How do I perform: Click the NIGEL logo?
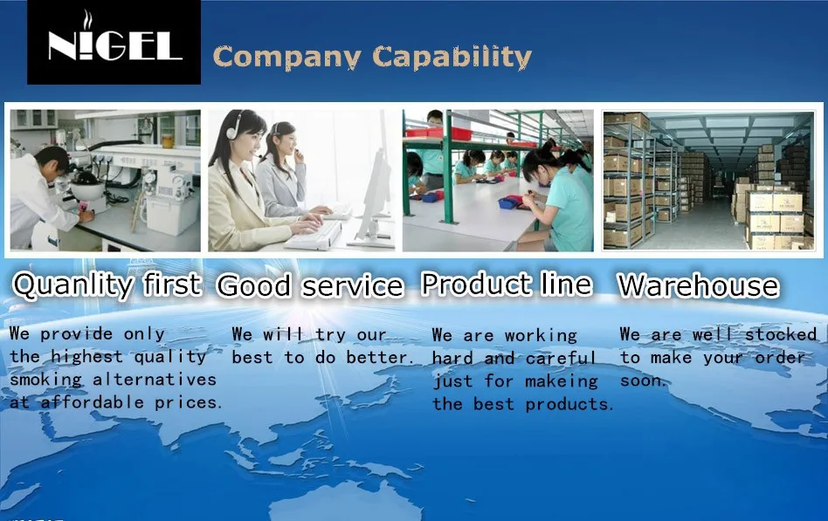tap(114, 42)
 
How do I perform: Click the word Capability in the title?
tap(452, 58)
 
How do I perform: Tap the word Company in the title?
tap(287, 58)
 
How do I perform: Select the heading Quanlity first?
tap(107, 285)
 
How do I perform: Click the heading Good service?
tap(311, 286)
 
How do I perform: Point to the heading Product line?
tap(507, 284)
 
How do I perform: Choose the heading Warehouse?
tap(699, 285)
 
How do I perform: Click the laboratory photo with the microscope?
tap(106, 180)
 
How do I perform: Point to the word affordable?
tap(93, 402)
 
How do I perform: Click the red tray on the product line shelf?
tap(438, 133)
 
